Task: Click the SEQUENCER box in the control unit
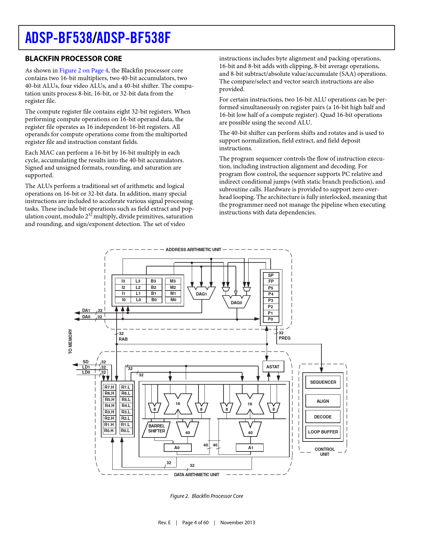pyautogui.click(x=323, y=382)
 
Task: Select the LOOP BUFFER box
pyautogui.click(x=323, y=432)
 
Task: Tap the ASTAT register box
pyautogui.click(x=273, y=367)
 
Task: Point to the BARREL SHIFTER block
pyautogui.click(x=156, y=429)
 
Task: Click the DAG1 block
pyautogui.click(x=201, y=294)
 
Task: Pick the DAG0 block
pyautogui.click(x=236, y=302)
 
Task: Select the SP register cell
pyautogui.click(x=271, y=275)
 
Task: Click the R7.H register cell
pyautogui.click(x=109, y=387)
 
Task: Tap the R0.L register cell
pyautogui.click(x=126, y=431)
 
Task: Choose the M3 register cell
pyautogui.click(x=173, y=281)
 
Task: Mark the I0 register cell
pyautogui.click(x=124, y=300)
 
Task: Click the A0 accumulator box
pyautogui.click(x=177, y=448)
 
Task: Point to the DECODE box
pyautogui.click(x=323, y=417)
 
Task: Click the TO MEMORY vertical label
pyautogui.click(x=70, y=341)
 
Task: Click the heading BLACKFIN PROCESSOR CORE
pyautogui.click(x=74, y=59)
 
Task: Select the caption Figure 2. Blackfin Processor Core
pyautogui.click(x=206, y=496)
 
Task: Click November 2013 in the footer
pyautogui.click(x=238, y=523)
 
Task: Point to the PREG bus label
pyautogui.click(x=285, y=338)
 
